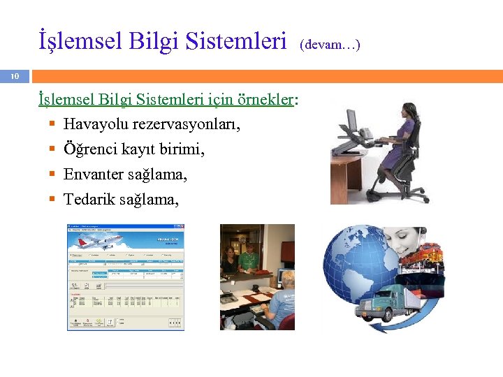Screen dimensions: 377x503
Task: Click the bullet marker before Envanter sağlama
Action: point(52,175)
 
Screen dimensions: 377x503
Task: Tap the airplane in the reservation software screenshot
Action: point(99,241)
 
